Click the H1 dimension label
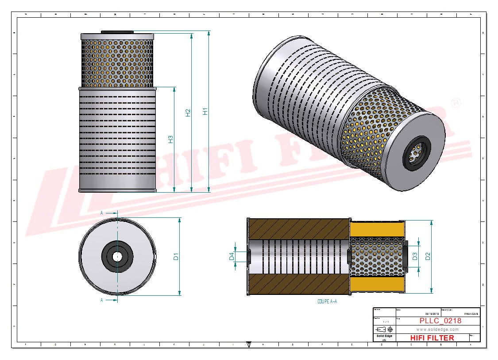[205, 112]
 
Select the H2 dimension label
[188, 113]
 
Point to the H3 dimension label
[170, 139]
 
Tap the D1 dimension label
[176, 256]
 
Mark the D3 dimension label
[415, 256]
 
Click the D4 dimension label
[231, 256]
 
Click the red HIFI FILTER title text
[432, 338]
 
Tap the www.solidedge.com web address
[437, 329]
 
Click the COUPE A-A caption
[327, 301]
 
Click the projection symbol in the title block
[383, 329]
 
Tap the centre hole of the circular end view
[117, 256]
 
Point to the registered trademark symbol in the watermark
[456, 103]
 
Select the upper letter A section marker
[102, 213]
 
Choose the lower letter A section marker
[102, 300]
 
